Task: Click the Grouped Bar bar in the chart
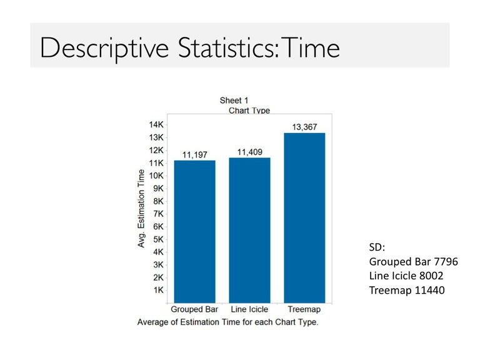[x=195, y=232]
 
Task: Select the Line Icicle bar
[x=250, y=231]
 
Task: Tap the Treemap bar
[x=304, y=218]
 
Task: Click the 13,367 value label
[x=304, y=127]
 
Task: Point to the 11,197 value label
[x=195, y=155]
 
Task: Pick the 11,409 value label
[x=250, y=152]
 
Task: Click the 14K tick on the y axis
[x=156, y=125]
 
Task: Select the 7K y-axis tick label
[x=159, y=214]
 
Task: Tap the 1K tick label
[x=159, y=290]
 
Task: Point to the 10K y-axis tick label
[x=156, y=176]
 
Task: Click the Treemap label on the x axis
[x=304, y=309]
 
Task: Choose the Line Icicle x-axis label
[x=249, y=309]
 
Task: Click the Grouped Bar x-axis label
[x=194, y=309]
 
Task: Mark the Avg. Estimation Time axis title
[x=141, y=209]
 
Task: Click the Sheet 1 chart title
[x=234, y=101]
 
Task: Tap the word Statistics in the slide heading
[x=228, y=47]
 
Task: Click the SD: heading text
[x=377, y=247]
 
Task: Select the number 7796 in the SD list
[x=446, y=262]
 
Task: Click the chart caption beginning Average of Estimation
[x=227, y=322]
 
